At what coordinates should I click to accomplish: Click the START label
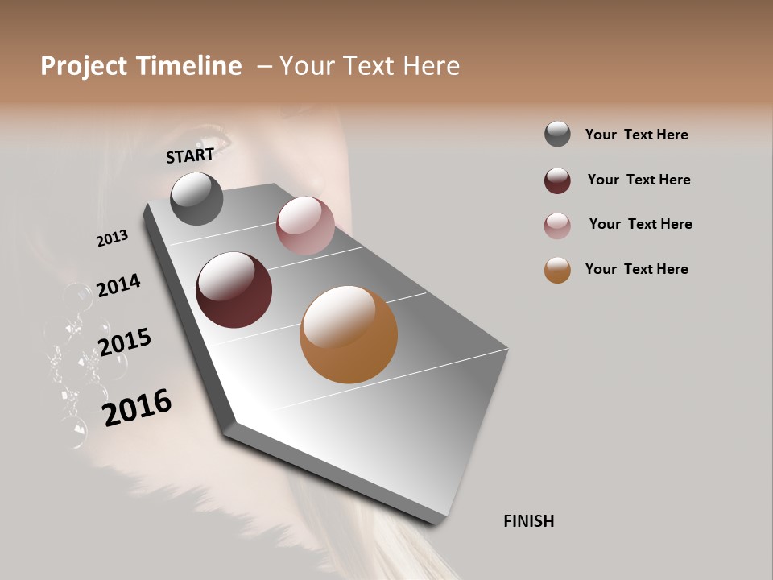point(190,155)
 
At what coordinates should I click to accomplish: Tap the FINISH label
point(528,521)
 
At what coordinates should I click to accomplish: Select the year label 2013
point(112,238)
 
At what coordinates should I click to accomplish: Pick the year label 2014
point(118,285)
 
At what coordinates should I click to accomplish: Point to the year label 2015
point(124,342)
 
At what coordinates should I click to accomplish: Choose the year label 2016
point(137,408)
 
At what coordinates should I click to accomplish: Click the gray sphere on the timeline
point(197,199)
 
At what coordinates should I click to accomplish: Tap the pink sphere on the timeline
point(305,225)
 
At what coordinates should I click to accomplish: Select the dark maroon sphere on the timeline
point(234,290)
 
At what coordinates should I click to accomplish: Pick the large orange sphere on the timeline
point(349,334)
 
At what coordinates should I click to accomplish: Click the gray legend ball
point(557,134)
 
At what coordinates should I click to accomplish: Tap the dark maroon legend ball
point(557,180)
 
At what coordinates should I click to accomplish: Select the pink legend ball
point(557,226)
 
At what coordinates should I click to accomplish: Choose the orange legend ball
point(557,270)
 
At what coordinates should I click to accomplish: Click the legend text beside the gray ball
point(636,135)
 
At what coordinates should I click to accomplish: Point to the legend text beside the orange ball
point(636,269)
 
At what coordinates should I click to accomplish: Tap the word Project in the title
point(84,66)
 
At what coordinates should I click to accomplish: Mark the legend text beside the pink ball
point(640,224)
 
